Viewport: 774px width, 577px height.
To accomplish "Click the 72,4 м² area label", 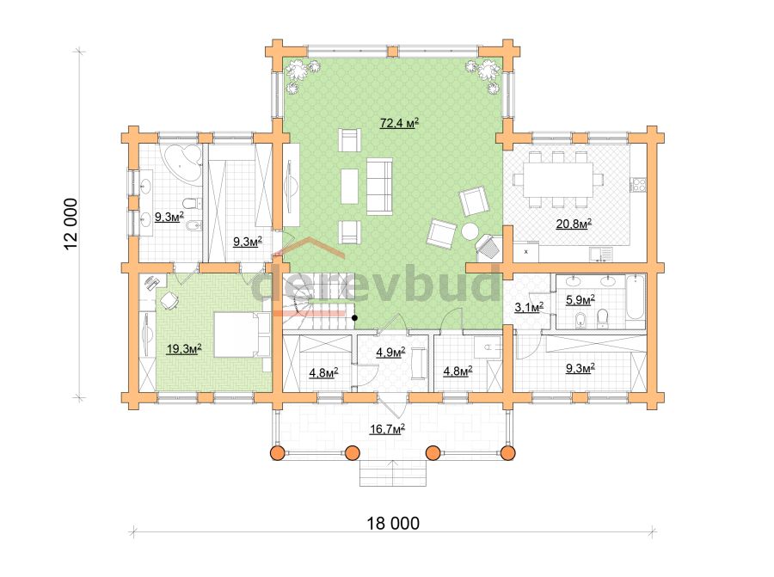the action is click(399, 122).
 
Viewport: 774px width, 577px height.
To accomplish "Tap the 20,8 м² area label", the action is click(574, 224).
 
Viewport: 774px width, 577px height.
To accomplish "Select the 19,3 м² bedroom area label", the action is click(184, 349).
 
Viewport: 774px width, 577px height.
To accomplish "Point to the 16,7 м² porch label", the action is click(388, 429).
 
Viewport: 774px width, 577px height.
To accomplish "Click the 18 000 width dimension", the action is click(393, 523).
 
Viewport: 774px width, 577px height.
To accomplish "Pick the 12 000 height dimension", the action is click(71, 224).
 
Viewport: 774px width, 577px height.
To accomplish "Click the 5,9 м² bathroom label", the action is click(580, 299).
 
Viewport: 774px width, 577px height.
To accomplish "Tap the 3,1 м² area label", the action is click(529, 307).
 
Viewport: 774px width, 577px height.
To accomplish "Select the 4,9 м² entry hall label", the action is click(390, 352).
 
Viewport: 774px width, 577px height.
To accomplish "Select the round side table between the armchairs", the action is click(470, 231).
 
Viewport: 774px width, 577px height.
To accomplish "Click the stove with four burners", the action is click(638, 184).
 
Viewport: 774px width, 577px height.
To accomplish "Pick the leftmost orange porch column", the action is click(279, 452).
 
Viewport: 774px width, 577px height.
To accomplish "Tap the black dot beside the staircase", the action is click(354, 318).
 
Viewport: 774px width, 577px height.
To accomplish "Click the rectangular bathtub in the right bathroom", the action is click(636, 298).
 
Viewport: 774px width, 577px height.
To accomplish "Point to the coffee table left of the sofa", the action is click(349, 186).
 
